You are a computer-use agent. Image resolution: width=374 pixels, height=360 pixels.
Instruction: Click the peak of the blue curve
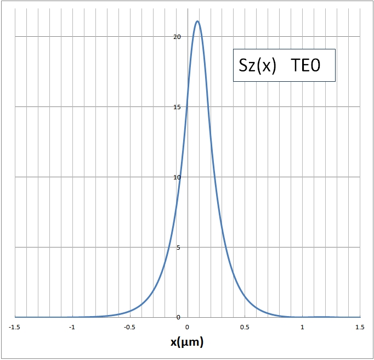tap(197, 21)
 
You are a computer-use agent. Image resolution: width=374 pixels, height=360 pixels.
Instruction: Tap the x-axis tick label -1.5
tap(15, 327)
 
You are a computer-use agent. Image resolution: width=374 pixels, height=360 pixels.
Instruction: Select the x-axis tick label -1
tap(72, 327)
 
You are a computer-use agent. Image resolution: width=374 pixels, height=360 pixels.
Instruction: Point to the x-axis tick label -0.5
tap(129, 327)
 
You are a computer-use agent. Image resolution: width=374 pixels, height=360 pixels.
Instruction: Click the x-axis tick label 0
tap(188, 327)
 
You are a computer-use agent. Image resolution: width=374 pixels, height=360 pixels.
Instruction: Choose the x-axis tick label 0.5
tap(245, 327)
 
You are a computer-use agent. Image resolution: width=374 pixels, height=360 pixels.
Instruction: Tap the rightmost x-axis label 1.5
tap(360, 327)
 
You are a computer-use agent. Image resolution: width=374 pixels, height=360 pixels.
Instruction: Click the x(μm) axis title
tap(187, 343)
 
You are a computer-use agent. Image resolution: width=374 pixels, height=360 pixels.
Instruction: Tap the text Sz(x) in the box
tap(257, 66)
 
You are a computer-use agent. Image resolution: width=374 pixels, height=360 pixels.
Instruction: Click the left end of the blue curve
tap(15, 317)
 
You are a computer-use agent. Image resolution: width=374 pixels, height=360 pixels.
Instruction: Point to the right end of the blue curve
tap(360, 317)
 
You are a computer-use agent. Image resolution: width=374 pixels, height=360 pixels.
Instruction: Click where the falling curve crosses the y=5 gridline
tap(225, 247)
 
